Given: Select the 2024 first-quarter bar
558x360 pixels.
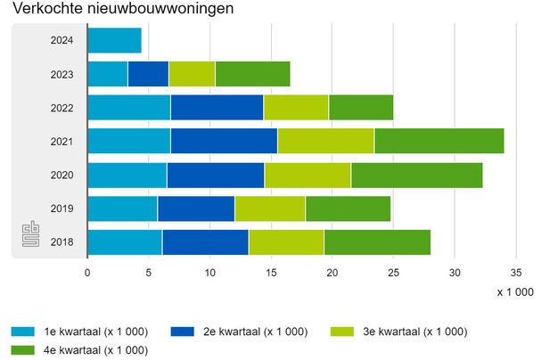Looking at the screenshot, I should [114, 41].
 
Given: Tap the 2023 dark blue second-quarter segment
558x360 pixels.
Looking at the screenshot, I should [148, 74].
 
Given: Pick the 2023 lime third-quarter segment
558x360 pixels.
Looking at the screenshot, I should [192, 74].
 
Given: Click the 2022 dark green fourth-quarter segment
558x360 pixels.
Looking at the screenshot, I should [360, 108].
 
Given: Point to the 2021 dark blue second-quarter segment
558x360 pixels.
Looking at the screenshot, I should [224, 141].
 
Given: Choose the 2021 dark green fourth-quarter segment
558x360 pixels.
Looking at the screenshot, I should [439, 141].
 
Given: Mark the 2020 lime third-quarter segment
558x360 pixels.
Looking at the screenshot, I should [308, 175].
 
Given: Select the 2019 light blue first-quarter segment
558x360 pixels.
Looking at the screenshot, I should [122, 209].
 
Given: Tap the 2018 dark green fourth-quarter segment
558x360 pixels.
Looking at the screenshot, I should [377, 241].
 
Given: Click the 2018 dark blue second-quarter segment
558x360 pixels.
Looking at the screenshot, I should [205, 241].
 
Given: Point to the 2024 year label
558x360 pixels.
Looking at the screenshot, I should [62, 41].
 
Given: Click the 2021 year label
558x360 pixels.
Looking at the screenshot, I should [62, 142].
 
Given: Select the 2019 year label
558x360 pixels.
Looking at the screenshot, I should [62, 209].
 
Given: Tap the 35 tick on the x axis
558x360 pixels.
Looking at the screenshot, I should [515, 274].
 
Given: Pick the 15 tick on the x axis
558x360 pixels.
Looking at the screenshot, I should [270, 274].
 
